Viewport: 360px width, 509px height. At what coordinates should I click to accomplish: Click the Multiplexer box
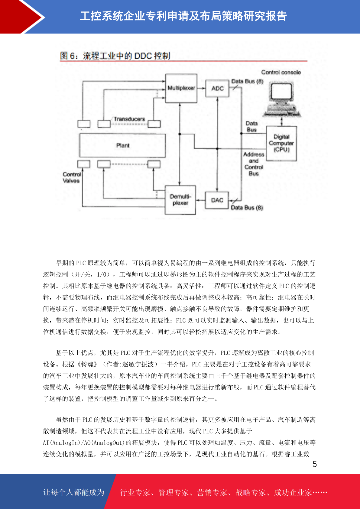point(181,88)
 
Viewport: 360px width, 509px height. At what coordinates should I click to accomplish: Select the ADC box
point(217,88)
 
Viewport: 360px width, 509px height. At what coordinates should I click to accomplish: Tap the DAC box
point(217,200)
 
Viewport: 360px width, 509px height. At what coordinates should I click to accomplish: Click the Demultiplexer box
point(180,200)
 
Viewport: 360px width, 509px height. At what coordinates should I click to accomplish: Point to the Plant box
point(122,145)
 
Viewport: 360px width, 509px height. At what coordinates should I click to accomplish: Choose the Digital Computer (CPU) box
point(281,143)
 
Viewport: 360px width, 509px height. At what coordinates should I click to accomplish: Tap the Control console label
point(281,72)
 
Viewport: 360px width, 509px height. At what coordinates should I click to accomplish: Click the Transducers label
point(129,119)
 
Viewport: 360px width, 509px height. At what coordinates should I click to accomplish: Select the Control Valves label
point(72,177)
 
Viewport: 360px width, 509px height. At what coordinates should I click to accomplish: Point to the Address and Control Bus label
point(254,164)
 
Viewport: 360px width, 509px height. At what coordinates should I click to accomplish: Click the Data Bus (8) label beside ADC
point(247,81)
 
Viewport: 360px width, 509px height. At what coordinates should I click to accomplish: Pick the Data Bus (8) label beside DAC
point(247,208)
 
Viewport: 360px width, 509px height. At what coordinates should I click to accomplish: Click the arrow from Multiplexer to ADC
point(201,88)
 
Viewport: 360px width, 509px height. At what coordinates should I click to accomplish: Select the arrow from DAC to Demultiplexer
point(200,200)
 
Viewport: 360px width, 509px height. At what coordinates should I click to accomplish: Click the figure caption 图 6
point(115,56)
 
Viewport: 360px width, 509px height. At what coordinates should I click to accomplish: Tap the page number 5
point(315,464)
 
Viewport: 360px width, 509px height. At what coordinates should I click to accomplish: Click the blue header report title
point(183,16)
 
